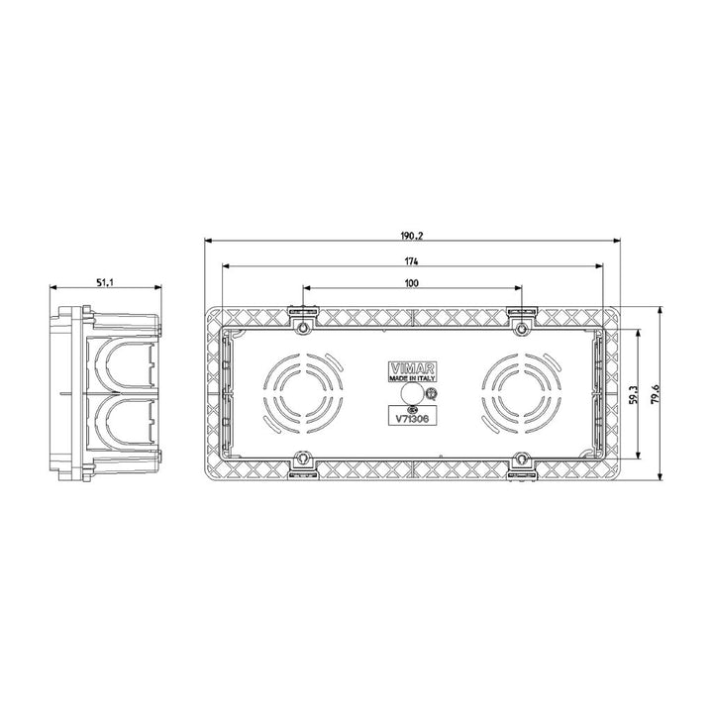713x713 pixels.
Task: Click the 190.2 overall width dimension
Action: point(411,235)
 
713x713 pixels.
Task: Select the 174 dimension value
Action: point(411,260)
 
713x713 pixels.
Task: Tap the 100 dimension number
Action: point(411,283)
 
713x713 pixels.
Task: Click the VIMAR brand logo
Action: point(411,365)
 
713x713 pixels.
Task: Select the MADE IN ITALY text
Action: point(411,378)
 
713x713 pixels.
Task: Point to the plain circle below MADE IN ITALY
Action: point(410,395)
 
